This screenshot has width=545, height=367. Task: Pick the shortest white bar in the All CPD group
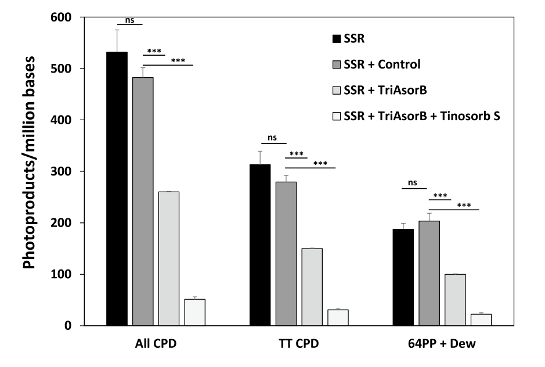pos(195,312)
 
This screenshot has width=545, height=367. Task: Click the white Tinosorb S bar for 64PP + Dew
pos(481,320)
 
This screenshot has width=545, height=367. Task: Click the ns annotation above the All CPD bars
pos(130,20)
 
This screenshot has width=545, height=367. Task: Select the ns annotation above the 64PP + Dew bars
pos(413,183)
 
